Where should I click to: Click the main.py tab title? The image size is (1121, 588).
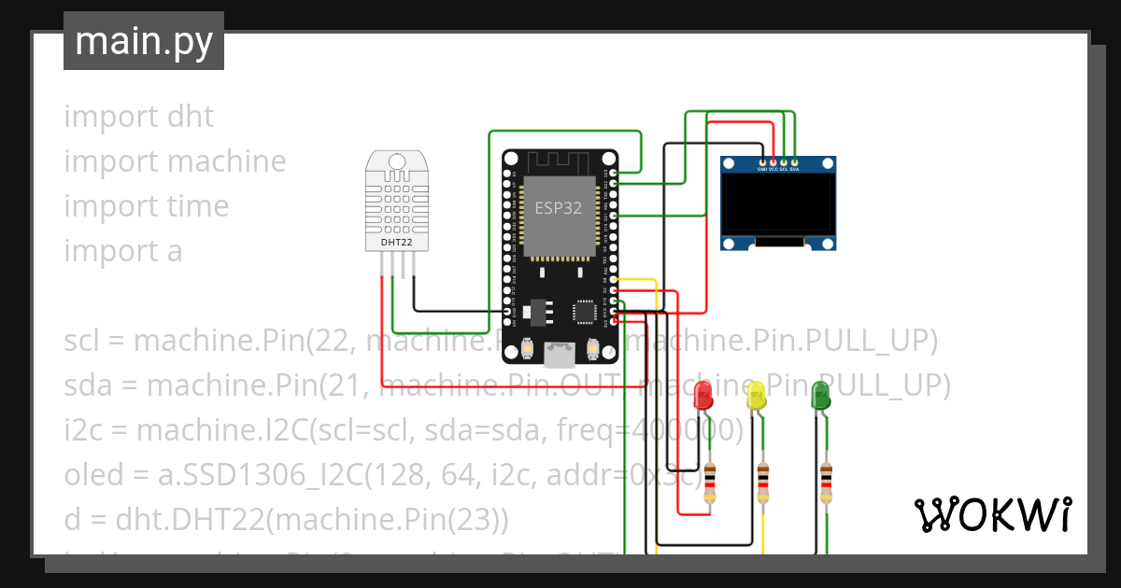point(143,41)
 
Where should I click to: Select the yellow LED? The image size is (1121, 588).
point(757,396)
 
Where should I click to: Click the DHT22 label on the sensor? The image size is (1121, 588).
point(397,242)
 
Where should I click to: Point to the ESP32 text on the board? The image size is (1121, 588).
point(559,208)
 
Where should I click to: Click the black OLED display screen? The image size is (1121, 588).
point(777,204)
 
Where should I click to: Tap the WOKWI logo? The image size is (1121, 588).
point(992,514)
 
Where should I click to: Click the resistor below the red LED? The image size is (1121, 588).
point(710,483)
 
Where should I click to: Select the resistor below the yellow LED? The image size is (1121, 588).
point(763,483)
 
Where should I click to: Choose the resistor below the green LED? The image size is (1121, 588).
point(826,483)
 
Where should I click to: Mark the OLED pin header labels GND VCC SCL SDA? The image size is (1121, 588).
point(778,170)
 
